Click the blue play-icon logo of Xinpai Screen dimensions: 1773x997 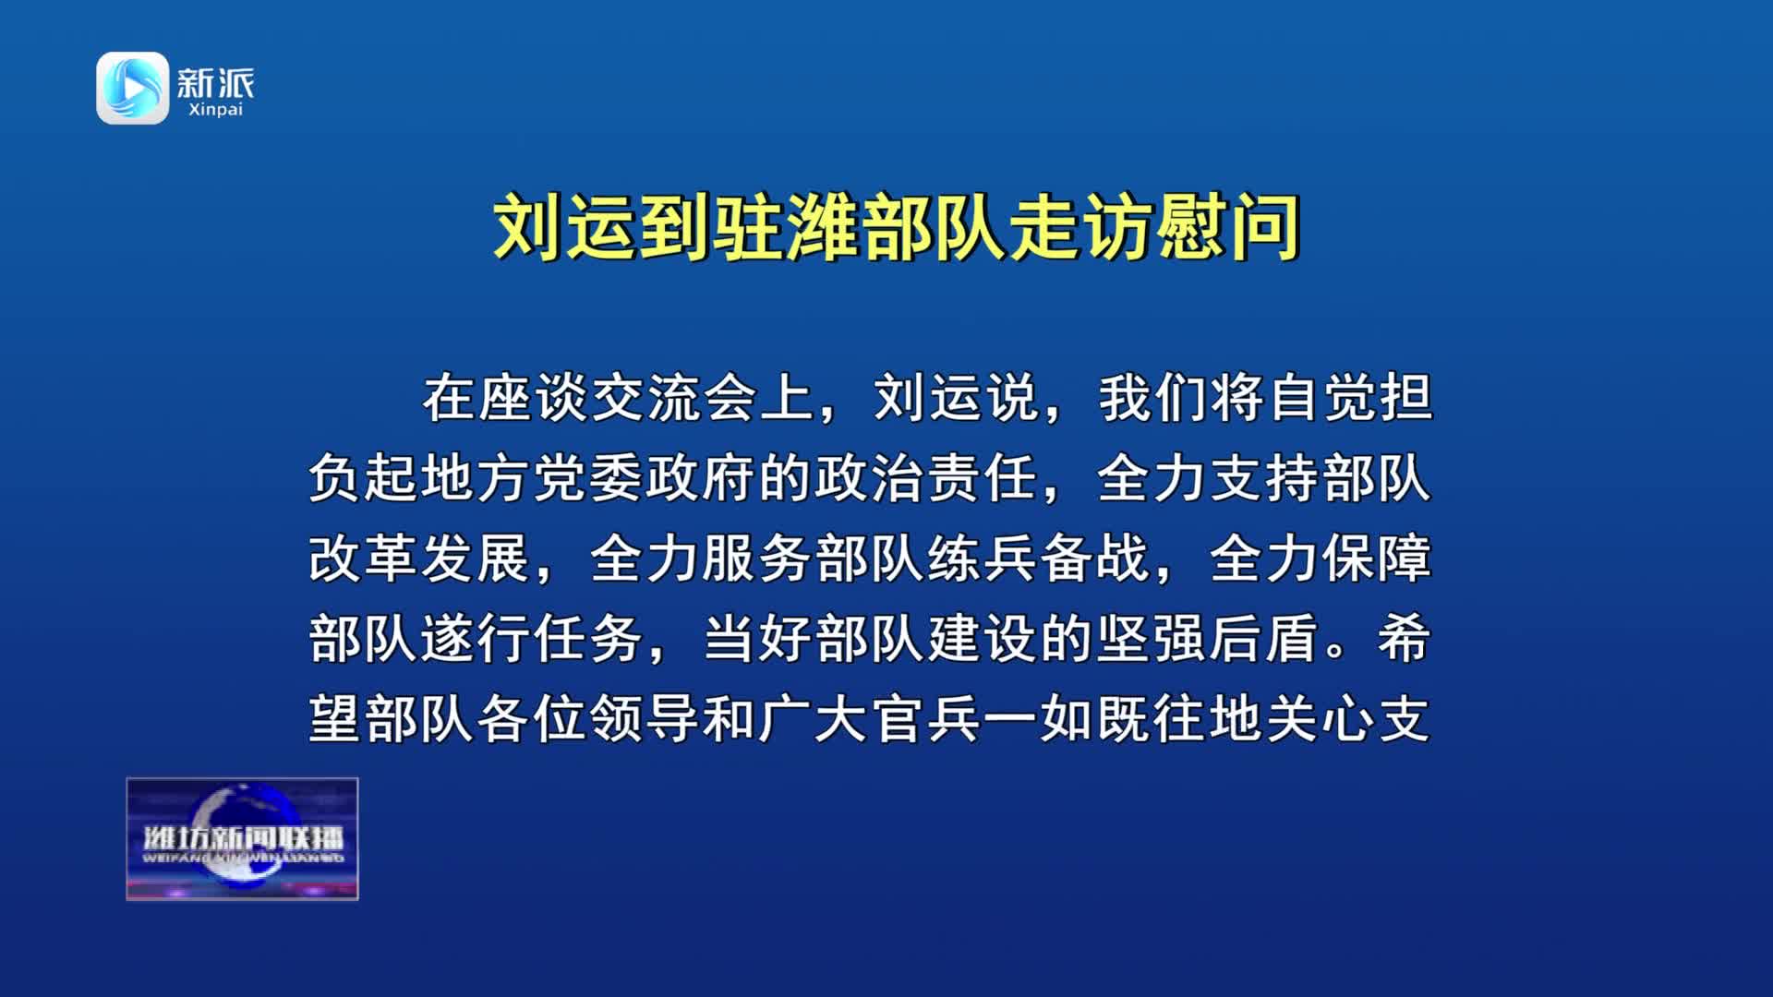point(133,88)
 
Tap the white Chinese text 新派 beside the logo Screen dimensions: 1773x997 point(215,83)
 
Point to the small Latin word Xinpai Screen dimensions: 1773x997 point(215,110)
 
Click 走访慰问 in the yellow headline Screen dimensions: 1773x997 point(1154,227)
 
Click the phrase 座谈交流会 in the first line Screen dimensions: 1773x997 point(619,399)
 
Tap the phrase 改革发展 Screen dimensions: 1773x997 point(421,559)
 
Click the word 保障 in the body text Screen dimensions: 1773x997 point(1377,559)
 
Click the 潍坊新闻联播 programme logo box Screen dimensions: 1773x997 point(242,839)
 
